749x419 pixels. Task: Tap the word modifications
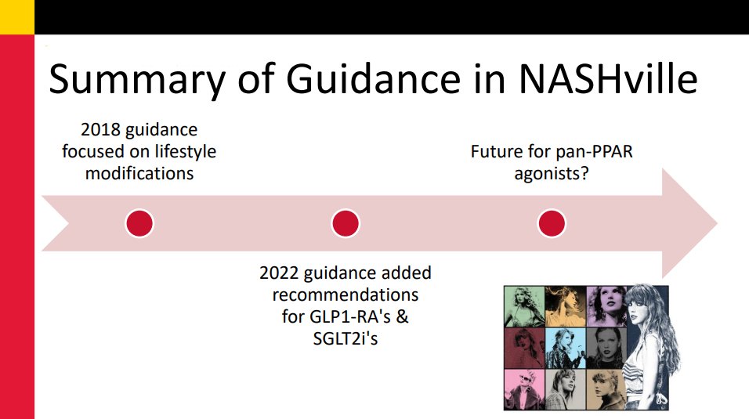pyautogui.click(x=139, y=173)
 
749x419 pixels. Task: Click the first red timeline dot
pyautogui.click(x=139, y=223)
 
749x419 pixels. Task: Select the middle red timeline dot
pyautogui.click(x=345, y=223)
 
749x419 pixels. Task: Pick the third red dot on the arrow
pyautogui.click(x=552, y=223)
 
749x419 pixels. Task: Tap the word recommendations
pyautogui.click(x=345, y=296)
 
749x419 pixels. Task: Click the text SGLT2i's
pyautogui.click(x=346, y=340)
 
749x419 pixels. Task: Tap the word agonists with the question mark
pyautogui.click(x=552, y=173)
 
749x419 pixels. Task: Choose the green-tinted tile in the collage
pyautogui.click(x=523, y=305)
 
